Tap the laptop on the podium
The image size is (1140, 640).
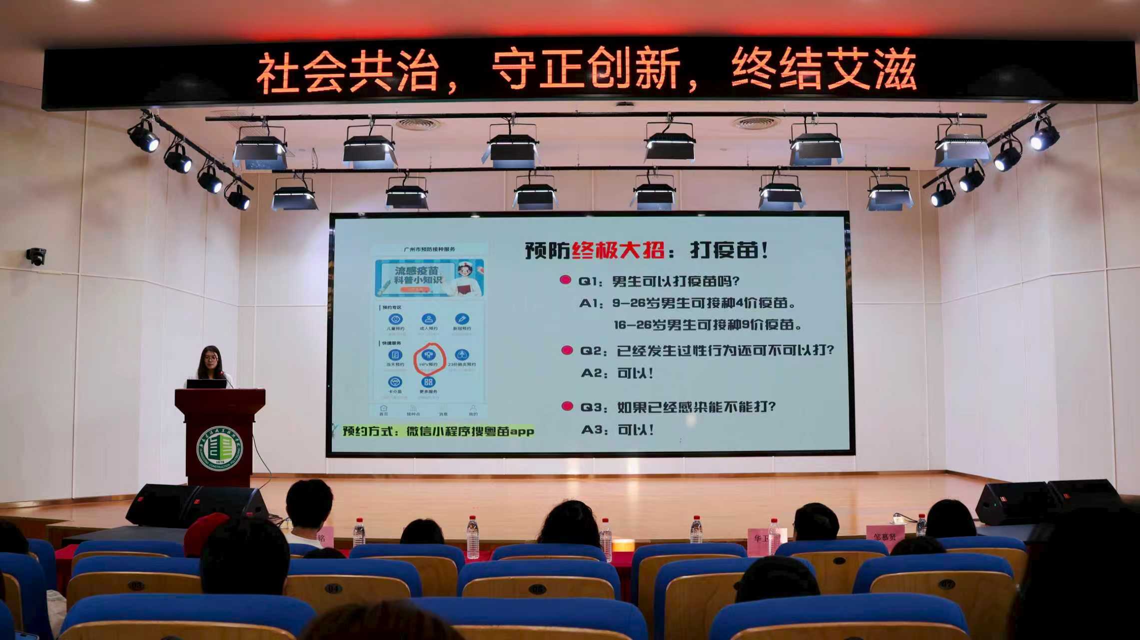coord(206,383)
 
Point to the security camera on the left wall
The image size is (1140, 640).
coord(36,256)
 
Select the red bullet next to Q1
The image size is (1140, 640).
coord(565,280)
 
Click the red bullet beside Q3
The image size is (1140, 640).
coord(567,406)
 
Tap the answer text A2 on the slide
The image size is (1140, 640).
coord(618,373)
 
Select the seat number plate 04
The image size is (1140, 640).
coord(333,588)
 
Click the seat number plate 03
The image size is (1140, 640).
coord(136,585)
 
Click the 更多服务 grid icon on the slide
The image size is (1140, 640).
coord(428,383)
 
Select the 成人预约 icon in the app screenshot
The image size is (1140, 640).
coord(428,319)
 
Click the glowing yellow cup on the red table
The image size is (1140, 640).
coord(623,545)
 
